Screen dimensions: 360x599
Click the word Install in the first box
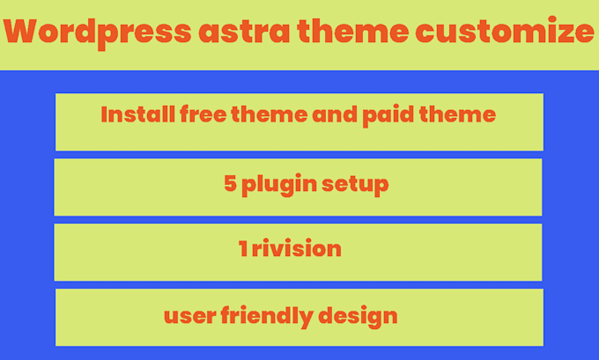point(129,115)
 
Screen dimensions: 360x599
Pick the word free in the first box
point(193,115)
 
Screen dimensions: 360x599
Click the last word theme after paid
point(461,115)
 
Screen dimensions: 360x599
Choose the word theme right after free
point(263,115)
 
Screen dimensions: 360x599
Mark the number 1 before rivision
point(242,249)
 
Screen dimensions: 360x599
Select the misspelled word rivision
point(296,249)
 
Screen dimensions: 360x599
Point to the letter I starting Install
point(104,115)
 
